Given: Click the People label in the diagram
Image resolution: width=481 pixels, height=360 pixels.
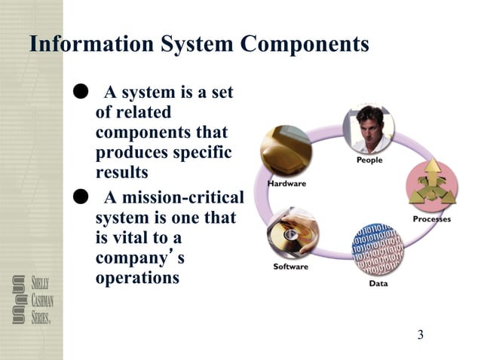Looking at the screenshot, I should [x=369, y=160].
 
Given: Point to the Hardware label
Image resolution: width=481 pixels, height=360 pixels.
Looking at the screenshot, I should [x=286, y=183].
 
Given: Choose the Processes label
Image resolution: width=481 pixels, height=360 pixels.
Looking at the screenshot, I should [x=432, y=219].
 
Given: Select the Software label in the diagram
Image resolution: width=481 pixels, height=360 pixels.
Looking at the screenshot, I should [x=290, y=267].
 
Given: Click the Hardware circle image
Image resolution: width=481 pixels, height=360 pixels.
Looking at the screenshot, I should [x=286, y=151].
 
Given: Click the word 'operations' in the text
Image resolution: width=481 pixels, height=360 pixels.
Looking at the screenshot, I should [x=137, y=277].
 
